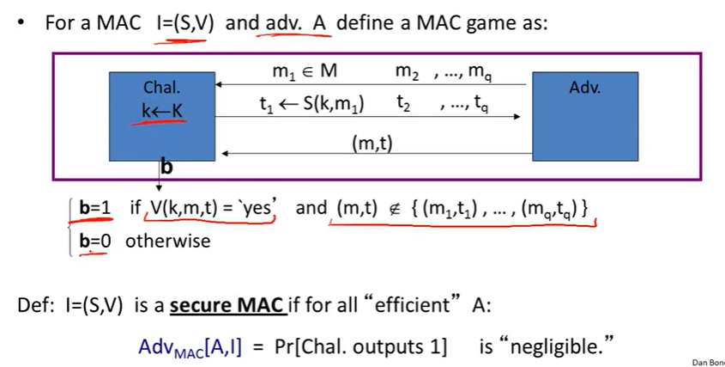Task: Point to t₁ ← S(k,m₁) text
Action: coord(311,104)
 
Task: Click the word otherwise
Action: coord(168,241)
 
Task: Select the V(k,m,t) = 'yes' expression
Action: coord(210,207)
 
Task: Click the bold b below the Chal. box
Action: coord(166,168)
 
